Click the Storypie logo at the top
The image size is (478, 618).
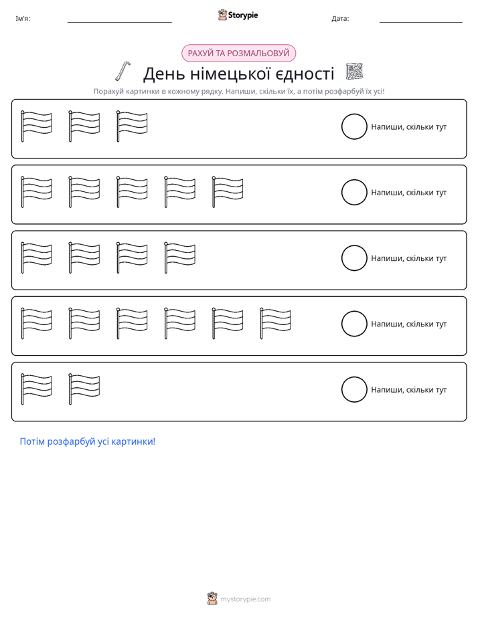[238, 15]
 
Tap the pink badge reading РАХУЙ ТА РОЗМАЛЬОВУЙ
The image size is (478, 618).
[238, 54]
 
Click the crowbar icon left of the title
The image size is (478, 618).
[123, 71]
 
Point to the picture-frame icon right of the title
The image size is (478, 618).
[354, 72]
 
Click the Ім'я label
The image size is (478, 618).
[23, 19]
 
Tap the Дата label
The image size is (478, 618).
[340, 19]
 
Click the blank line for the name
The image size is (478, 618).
[119, 23]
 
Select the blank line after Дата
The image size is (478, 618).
[421, 23]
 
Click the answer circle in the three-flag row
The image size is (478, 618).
[354, 126]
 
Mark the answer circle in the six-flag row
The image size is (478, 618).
[354, 324]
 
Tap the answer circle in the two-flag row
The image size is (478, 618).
[354, 389]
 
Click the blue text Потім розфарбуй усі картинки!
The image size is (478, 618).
[88, 441]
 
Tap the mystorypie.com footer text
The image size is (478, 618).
[245, 599]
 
